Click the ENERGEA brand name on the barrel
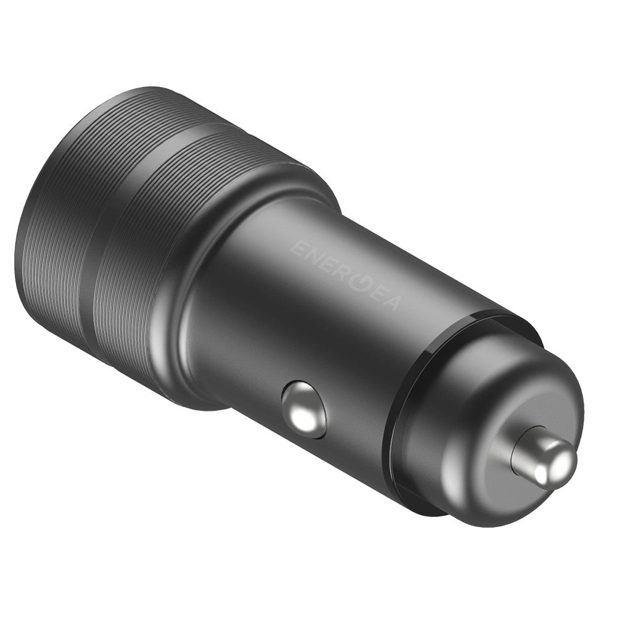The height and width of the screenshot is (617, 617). coord(346,275)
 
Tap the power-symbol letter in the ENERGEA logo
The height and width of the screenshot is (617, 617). coord(358,281)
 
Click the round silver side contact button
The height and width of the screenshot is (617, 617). coord(304,408)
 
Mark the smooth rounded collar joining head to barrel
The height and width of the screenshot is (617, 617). coord(185,321)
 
